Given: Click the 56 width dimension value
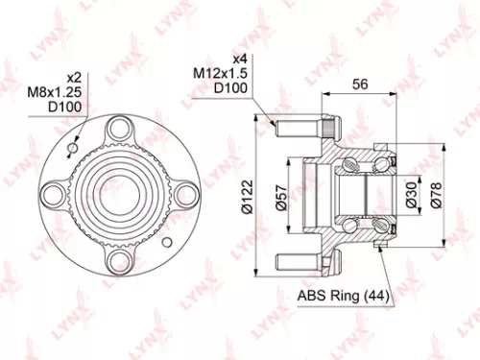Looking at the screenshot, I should [x=361, y=84].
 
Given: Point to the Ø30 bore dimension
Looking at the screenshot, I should [x=411, y=197].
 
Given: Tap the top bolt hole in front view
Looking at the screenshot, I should [x=119, y=130].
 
